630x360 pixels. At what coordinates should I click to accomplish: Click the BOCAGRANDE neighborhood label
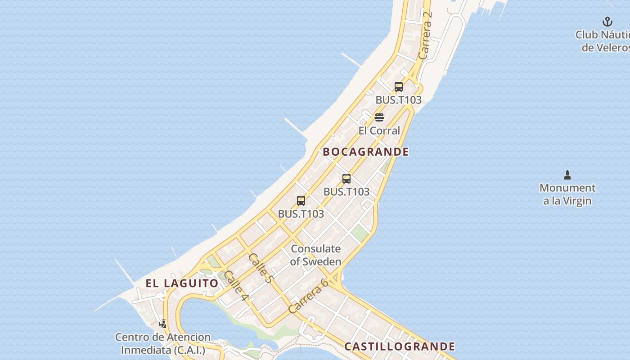pyautogui.click(x=366, y=152)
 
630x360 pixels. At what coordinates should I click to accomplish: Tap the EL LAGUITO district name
pyautogui.click(x=182, y=283)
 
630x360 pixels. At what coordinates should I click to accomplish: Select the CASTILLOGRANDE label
pyautogui.click(x=400, y=346)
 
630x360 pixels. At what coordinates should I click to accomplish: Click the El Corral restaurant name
pyautogui.click(x=379, y=131)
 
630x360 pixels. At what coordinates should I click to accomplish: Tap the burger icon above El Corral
pyautogui.click(x=379, y=118)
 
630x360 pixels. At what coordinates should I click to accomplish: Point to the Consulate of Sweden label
pyautogui.click(x=315, y=255)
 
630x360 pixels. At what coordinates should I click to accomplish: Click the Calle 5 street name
pyautogui.click(x=261, y=268)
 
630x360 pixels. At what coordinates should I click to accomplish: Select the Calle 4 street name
pyautogui.click(x=236, y=286)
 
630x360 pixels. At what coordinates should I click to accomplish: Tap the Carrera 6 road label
pyautogui.click(x=309, y=296)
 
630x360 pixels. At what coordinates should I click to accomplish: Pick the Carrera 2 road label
pyautogui.click(x=425, y=35)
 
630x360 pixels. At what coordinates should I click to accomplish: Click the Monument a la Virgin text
pyautogui.click(x=567, y=194)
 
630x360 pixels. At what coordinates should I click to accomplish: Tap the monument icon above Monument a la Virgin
pyautogui.click(x=567, y=175)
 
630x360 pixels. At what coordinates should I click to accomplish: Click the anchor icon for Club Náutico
pyautogui.click(x=607, y=22)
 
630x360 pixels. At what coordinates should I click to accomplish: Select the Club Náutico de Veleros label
pyautogui.click(x=603, y=41)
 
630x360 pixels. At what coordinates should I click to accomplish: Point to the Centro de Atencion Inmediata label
pyautogui.click(x=163, y=343)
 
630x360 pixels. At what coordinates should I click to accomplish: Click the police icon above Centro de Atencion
pyautogui.click(x=163, y=323)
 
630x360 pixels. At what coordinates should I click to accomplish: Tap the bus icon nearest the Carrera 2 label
pyautogui.click(x=399, y=87)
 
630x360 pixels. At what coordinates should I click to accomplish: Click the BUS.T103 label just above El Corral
pyautogui.click(x=399, y=100)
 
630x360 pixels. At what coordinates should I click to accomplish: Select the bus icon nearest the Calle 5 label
pyautogui.click(x=301, y=201)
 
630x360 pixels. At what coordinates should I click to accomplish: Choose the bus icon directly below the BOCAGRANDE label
pyautogui.click(x=346, y=179)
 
